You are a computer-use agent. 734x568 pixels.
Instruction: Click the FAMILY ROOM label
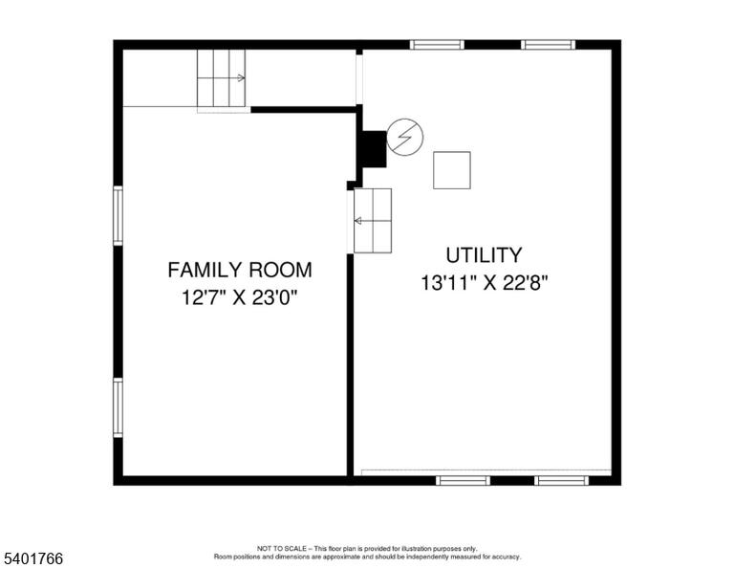(240, 271)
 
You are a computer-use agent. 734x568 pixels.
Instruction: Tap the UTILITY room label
(484, 255)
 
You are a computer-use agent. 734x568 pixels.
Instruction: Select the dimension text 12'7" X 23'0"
(240, 297)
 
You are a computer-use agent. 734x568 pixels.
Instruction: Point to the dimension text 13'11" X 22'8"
(484, 283)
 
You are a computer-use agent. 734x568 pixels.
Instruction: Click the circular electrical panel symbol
(405, 137)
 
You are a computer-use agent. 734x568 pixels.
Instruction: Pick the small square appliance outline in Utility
(452, 170)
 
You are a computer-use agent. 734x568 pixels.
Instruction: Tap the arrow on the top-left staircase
(239, 78)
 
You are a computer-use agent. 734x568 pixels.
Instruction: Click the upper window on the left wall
(118, 215)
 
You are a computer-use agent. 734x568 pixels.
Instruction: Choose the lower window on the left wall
(118, 408)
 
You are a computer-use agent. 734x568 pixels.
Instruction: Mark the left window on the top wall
(437, 45)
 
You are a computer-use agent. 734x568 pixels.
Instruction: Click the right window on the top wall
(549, 45)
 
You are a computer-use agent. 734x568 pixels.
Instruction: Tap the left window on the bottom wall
(463, 480)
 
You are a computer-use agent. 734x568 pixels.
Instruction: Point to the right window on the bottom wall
(561, 480)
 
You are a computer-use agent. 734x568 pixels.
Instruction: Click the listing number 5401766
(33, 558)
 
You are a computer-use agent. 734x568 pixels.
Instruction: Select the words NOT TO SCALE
(282, 548)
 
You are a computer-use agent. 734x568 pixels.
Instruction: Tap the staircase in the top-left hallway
(221, 78)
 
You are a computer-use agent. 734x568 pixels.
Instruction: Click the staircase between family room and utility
(373, 221)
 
